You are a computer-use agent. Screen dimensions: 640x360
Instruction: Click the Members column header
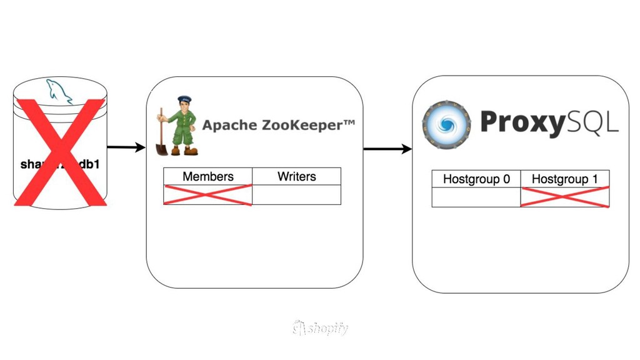pyautogui.click(x=207, y=177)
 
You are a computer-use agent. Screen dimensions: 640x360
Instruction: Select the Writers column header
pyautogui.click(x=296, y=177)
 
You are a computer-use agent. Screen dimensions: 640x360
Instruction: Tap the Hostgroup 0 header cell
pyautogui.click(x=476, y=179)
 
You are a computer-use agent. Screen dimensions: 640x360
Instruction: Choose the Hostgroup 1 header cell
pyautogui.click(x=564, y=179)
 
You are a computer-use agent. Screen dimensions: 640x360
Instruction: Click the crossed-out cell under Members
pyautogui.click(x=207, y=195)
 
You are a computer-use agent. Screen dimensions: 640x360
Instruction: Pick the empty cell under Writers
pyautogui.click(x=296, y=195)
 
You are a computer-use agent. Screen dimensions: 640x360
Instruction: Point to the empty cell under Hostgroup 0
pyautogui.click(x=476, y=197)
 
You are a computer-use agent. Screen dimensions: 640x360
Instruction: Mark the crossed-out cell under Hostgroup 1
pyautogui.click(x=564, y=197)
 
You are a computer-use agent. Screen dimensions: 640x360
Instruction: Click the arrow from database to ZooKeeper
pyautogui.click(x=126, y=147)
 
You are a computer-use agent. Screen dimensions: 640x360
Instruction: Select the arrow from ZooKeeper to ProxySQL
pyautogui.click(x=387, y=149)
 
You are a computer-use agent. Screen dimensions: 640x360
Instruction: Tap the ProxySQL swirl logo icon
pyautogui.click(x=446, y=124)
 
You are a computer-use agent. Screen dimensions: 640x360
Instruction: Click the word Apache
pyautogui.click(x=224, y=125)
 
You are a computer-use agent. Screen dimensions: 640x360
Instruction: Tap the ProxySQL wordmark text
pyautogui.click(x=549, y=123)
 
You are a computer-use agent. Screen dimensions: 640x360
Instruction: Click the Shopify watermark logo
pyautogui.click(x=320, y=327)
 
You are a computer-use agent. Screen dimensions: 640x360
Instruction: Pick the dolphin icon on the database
pyautogui.click(x=59, y=92)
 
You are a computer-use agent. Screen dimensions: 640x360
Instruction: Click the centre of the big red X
pyautogui.click(x=60, y=152)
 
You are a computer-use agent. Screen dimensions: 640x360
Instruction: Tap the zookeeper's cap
pyautogui.click(x=184, y=99)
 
